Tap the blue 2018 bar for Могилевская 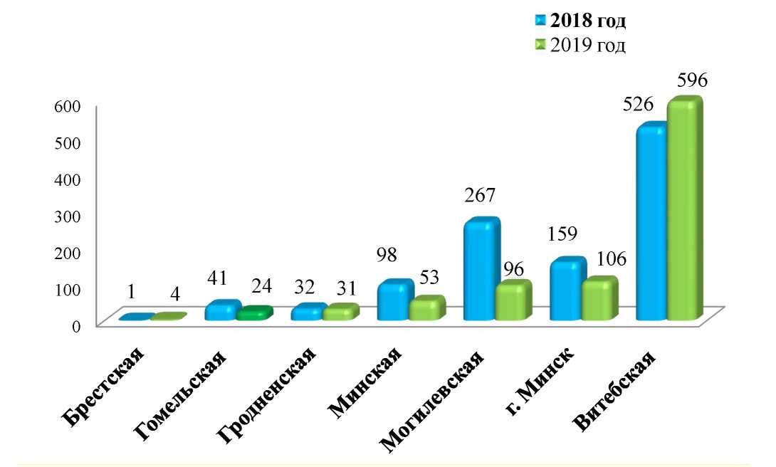[x=479, y=271]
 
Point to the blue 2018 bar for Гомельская [x=220, y=311]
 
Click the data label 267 [x=479, y=195]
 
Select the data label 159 [x=562, y=233]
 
